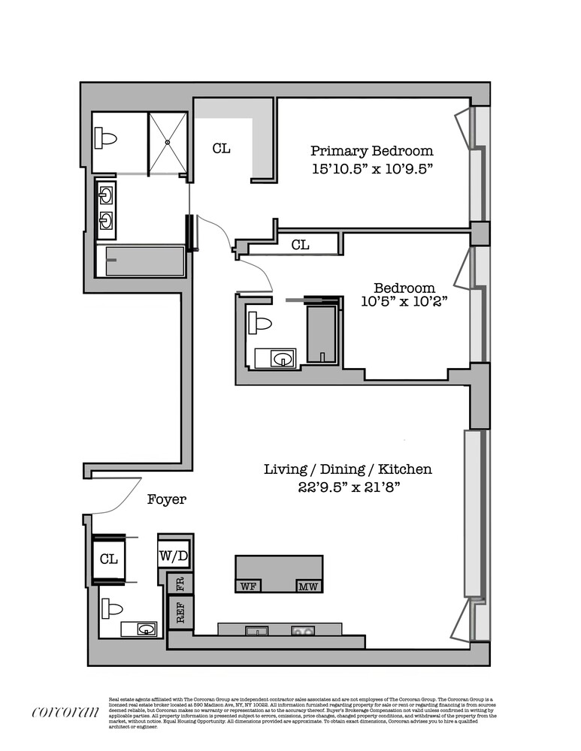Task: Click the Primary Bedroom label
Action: (x=371, y=150)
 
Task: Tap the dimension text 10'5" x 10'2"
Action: (x=404, y=303)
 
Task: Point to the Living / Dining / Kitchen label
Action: (x=347, y=469)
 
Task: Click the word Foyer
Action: (x=166, y=499)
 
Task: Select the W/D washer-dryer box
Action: (x=174, y=556)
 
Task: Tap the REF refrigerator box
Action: (x=180, y=612)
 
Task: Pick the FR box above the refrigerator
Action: (x=180, y=584)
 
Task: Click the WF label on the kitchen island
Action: (x=248, y=586)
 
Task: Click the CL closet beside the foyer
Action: (x=108, y=559)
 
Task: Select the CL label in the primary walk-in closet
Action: (x=220, y=149)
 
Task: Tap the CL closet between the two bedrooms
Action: (x=300, y=245)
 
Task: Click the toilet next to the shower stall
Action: (x=106, y=138)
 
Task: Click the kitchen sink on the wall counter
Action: (x=253, y=629)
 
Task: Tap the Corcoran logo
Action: (x=65, y=712)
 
